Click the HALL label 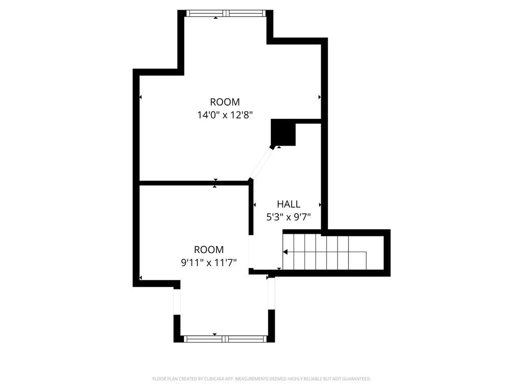(289, 204)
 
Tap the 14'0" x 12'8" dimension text (225, 115)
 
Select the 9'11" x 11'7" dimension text (209, 263)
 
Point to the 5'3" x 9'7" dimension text (289, 217)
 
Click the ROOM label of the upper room (225, 102)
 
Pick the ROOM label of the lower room (209, 249)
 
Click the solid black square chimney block (283, 132)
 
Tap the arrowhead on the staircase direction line (285, 252)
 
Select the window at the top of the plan (226, 13)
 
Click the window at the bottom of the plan (225, 339)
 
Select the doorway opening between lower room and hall (251, 252)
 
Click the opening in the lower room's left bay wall (177, 302)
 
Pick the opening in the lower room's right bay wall (272, 293)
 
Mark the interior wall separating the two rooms (194, 183)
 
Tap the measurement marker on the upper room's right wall (320, 97)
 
